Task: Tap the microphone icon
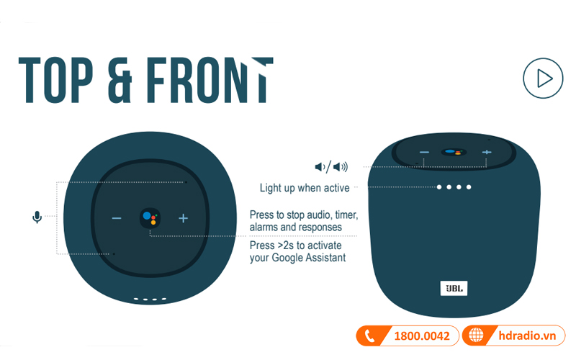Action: [37, 217]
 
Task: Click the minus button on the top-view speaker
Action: [117, 218]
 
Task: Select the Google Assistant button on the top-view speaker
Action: [150, 218]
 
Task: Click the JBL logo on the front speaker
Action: [454, 289]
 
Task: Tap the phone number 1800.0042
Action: [422, 336]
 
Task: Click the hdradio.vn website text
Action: [527, 336]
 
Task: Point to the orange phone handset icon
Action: [369, 336]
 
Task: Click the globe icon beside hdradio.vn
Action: [476, 335]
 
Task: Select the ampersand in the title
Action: [120, 80]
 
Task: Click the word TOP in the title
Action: [55, 80]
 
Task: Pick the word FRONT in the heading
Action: [210, 80]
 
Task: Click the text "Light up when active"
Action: [305, 188]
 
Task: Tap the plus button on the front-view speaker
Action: [487, 152]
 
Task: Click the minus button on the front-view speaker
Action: [424, 152]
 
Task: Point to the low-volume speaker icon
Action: [320, 167]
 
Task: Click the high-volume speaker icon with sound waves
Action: [340, 167]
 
